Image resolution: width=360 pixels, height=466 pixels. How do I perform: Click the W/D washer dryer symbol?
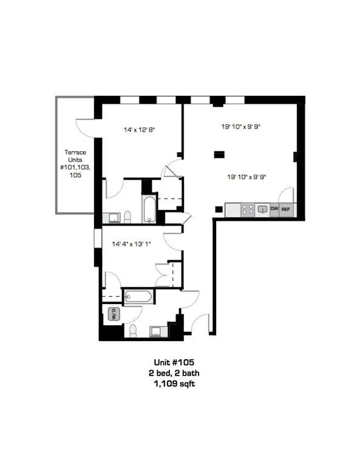point(114,314)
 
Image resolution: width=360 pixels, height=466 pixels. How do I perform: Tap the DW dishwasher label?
point(274,209)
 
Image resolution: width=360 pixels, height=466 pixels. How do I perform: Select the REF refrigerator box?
point(286,209)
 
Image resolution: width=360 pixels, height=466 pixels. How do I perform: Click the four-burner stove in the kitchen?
point(248,209)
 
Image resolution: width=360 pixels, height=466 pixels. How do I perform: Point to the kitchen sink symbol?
point(262,210)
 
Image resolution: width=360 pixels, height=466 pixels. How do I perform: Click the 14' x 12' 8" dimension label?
point(140,130)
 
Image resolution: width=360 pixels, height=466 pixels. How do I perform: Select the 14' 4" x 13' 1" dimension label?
point(131,244)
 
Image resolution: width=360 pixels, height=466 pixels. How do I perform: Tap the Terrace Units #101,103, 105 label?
point(75,163)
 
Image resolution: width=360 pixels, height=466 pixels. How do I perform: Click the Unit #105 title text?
point(174,362)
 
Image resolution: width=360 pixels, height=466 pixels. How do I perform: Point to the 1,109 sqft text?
point(174,383)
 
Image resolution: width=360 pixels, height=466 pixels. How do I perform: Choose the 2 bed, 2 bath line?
point(174,373)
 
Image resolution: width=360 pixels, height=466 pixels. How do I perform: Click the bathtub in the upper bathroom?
point(149,209)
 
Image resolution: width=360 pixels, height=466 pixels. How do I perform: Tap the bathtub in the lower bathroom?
point(138,296)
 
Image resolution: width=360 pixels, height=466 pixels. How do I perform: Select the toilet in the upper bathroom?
point(127,217)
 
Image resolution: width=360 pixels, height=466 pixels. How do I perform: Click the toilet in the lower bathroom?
point(133,331)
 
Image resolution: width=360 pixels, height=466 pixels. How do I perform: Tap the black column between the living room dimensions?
point(219,155)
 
